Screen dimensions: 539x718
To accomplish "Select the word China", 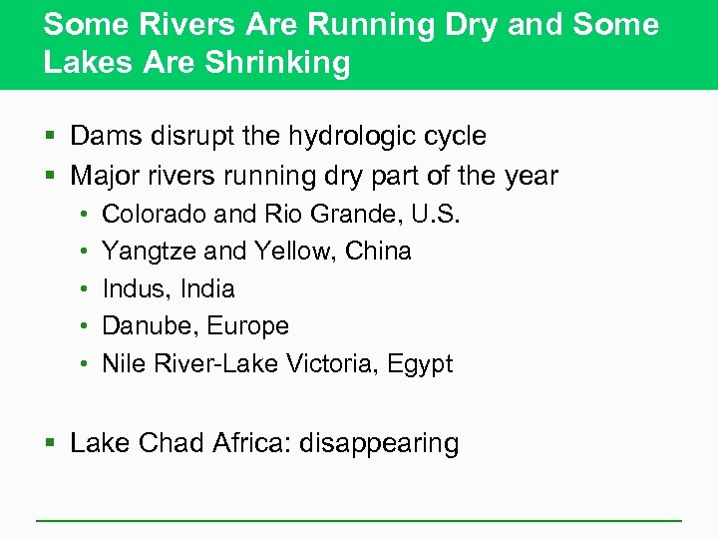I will [x=378, y=251].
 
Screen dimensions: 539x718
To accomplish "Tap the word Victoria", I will [x=326, y=364].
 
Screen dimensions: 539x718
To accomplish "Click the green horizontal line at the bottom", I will [x=359, y=520].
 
